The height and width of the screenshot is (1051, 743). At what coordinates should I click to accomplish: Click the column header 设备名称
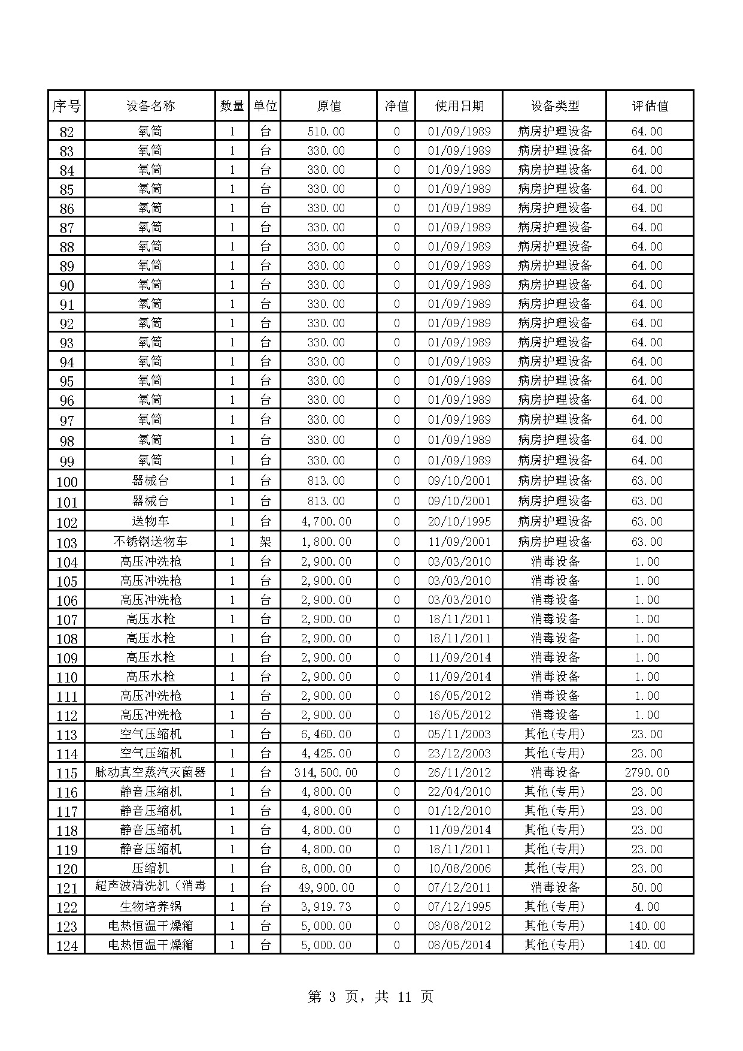(x=150, y=106)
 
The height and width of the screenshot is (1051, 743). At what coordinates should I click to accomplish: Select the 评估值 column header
(x=650, y=106)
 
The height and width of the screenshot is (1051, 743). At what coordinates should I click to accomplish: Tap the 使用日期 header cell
(x=459, y=106)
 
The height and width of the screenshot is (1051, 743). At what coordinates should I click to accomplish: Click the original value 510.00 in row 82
(x=326, y=131)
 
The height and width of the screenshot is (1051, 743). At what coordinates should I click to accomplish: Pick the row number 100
(x=66, y=482)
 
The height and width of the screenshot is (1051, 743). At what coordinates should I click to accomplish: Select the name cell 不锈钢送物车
(x=150, y=542)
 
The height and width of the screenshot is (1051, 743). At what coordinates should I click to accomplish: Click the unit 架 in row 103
(x=265, y=542)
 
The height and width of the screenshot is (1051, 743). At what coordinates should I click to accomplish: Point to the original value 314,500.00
(x=326, y=772)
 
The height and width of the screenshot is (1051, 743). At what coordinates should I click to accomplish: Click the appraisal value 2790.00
(x=647, y=772)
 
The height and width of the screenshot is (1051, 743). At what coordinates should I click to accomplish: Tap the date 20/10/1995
(x=459, y=521)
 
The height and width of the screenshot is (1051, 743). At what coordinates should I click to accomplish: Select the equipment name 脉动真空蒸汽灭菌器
(x=150, y=772)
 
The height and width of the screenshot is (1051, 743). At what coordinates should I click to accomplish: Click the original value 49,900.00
(x=326, y=887)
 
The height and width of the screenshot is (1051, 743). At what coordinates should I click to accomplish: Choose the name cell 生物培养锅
(x=150, y=907)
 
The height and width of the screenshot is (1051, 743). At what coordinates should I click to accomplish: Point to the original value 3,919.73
(x=326, y=907)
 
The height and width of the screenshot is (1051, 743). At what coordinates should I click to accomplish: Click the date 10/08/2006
(x=459, y=868)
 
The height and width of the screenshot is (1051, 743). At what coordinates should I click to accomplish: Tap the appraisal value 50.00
(x=647, y=887)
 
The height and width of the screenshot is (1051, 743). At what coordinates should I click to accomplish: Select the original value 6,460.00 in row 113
(x=326, y=734)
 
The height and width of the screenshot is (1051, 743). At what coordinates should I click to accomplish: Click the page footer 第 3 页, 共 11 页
(x=370, y=996)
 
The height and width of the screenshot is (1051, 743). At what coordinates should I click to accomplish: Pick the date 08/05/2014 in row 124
(x=459, y=945)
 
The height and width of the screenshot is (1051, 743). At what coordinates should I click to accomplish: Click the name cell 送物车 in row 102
(x=150, y=521)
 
